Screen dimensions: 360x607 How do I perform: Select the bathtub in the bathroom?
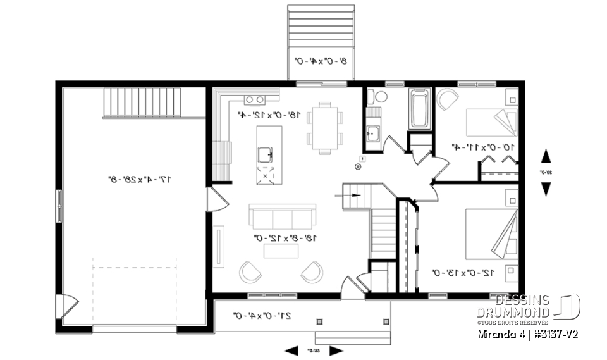419,109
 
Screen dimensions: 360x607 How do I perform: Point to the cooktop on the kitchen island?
266,174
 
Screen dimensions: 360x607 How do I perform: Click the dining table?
325,128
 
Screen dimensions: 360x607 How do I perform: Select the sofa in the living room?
282,217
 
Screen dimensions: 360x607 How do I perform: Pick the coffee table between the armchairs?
281,251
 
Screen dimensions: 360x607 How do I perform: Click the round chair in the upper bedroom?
448,100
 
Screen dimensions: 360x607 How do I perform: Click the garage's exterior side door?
66,307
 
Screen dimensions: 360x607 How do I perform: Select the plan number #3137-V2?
555,333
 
